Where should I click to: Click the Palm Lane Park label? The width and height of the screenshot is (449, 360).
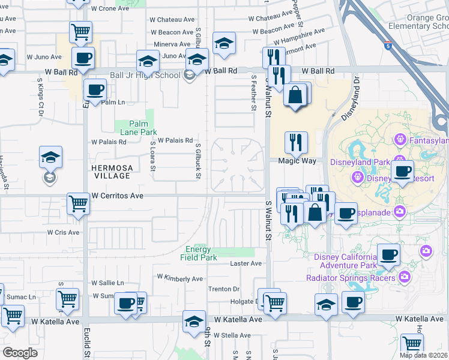[x=135, y=128]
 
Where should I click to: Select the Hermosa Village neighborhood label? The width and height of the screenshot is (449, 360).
[x=112, y=171]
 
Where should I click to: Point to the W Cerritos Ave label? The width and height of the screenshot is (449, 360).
[x=118, y=196]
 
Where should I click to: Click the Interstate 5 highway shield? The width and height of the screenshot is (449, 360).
[x=387, y=44]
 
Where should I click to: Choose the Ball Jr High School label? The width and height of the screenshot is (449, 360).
[x=145, y=75]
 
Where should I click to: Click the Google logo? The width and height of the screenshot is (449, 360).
[x=20, y=352]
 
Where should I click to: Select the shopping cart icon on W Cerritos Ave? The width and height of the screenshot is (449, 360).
[x=79, y=203]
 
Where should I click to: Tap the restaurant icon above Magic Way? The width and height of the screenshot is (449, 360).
[x=296, y=142]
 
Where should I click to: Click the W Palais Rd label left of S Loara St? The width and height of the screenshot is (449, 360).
[x=109, y=142]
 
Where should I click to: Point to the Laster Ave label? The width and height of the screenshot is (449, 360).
[x=246, y=263]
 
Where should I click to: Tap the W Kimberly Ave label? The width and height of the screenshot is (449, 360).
[x=180, y=278]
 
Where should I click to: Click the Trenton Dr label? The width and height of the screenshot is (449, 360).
[x=224, y=289]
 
